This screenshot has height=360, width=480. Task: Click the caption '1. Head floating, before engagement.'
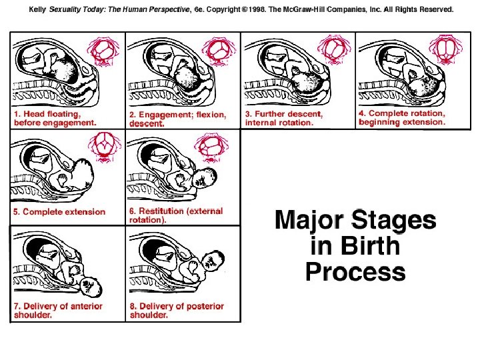click(55, 118)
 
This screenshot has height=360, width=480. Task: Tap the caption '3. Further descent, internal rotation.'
click(284, 118)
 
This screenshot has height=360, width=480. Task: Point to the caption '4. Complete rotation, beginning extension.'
click(401, 117)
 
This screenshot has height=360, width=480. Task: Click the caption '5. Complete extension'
click(59, 212)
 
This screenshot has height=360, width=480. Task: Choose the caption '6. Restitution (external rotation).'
click(175, 215)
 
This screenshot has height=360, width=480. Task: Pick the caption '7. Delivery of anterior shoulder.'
click(59, 310)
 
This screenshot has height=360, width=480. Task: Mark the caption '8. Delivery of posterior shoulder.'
click(177, 310)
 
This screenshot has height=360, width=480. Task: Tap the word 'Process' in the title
click(355, 272)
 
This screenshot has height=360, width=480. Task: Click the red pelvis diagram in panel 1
click(105, 49)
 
